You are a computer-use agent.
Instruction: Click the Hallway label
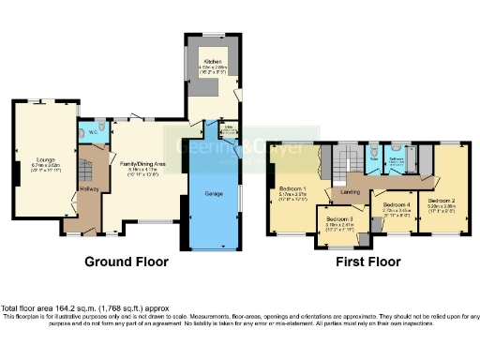pyautogui.click(x=89, y=189)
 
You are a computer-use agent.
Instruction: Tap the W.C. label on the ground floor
pyautogui.click(x=88, y=131)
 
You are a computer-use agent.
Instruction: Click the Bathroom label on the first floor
pyautogui.click(x=396, y=158)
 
